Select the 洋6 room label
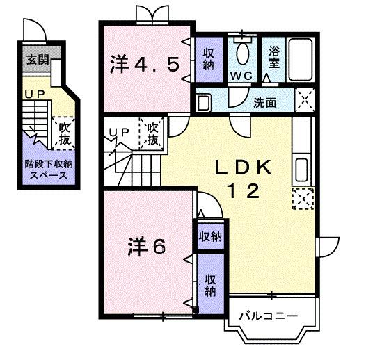click(x=146, y=247)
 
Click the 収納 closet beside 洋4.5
click(x=208, y=59)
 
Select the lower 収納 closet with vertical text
click(x=209, y=285)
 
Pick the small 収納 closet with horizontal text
click(x=209, y=236)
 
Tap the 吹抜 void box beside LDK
click(x=153, y=134)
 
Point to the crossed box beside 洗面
click(x=304, y=100)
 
